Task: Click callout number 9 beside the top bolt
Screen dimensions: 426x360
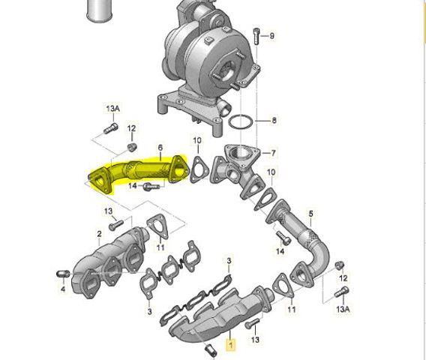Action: pos(271,36)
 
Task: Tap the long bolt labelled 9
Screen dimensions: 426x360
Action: pos(256,36)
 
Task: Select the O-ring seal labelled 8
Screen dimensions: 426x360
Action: pos(241,121)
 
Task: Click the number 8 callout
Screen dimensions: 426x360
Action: pos(274,120)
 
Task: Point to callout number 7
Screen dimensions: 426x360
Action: pos(273,153)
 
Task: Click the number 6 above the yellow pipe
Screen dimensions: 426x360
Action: pos(160,148)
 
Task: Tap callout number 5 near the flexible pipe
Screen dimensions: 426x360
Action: pos(310,214)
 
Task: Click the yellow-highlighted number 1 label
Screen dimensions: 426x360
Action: pos(231,345)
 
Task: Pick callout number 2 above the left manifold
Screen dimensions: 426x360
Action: pos(99,234)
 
